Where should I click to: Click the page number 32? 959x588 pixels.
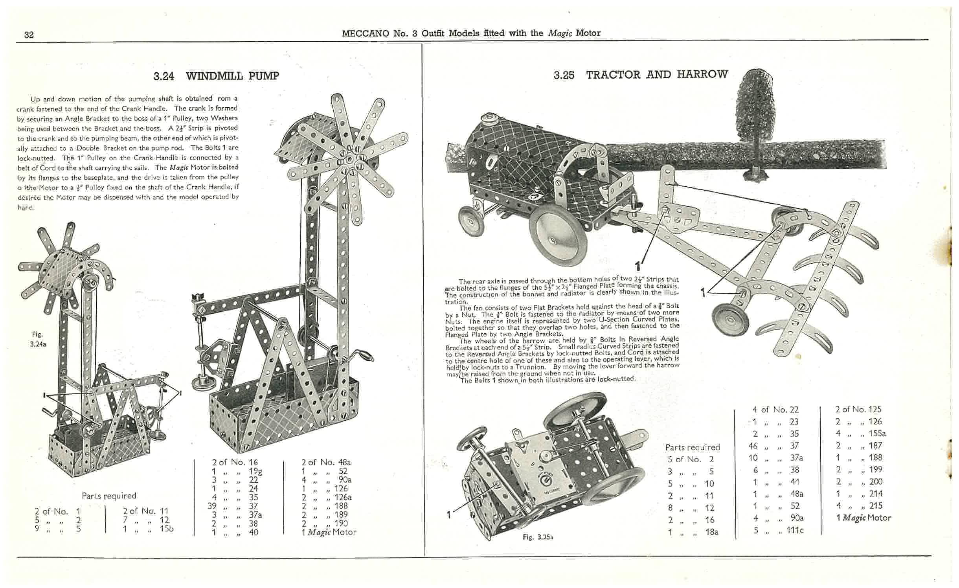(x=29, y=35)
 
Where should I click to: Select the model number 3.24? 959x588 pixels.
(x=164, y=76)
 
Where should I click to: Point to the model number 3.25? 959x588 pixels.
(x=564, y=75)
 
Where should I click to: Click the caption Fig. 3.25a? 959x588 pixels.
(x=538, y=537)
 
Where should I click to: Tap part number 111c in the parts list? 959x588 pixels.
(x=795, y=530)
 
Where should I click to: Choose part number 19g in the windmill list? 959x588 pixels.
(x=255, y=471)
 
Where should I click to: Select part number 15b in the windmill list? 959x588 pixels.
(x=166, y=529)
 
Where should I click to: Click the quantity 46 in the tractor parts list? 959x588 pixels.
(x=753, y=446)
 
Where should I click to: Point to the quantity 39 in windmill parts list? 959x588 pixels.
(x=212, y=506)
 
